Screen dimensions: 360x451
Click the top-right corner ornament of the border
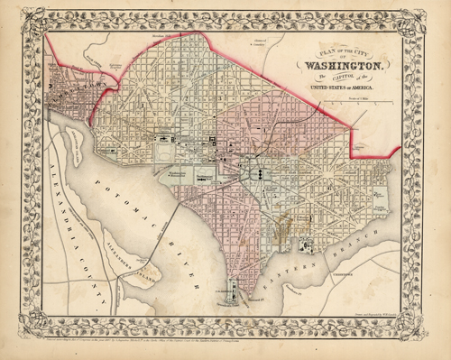tap(435, 16)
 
